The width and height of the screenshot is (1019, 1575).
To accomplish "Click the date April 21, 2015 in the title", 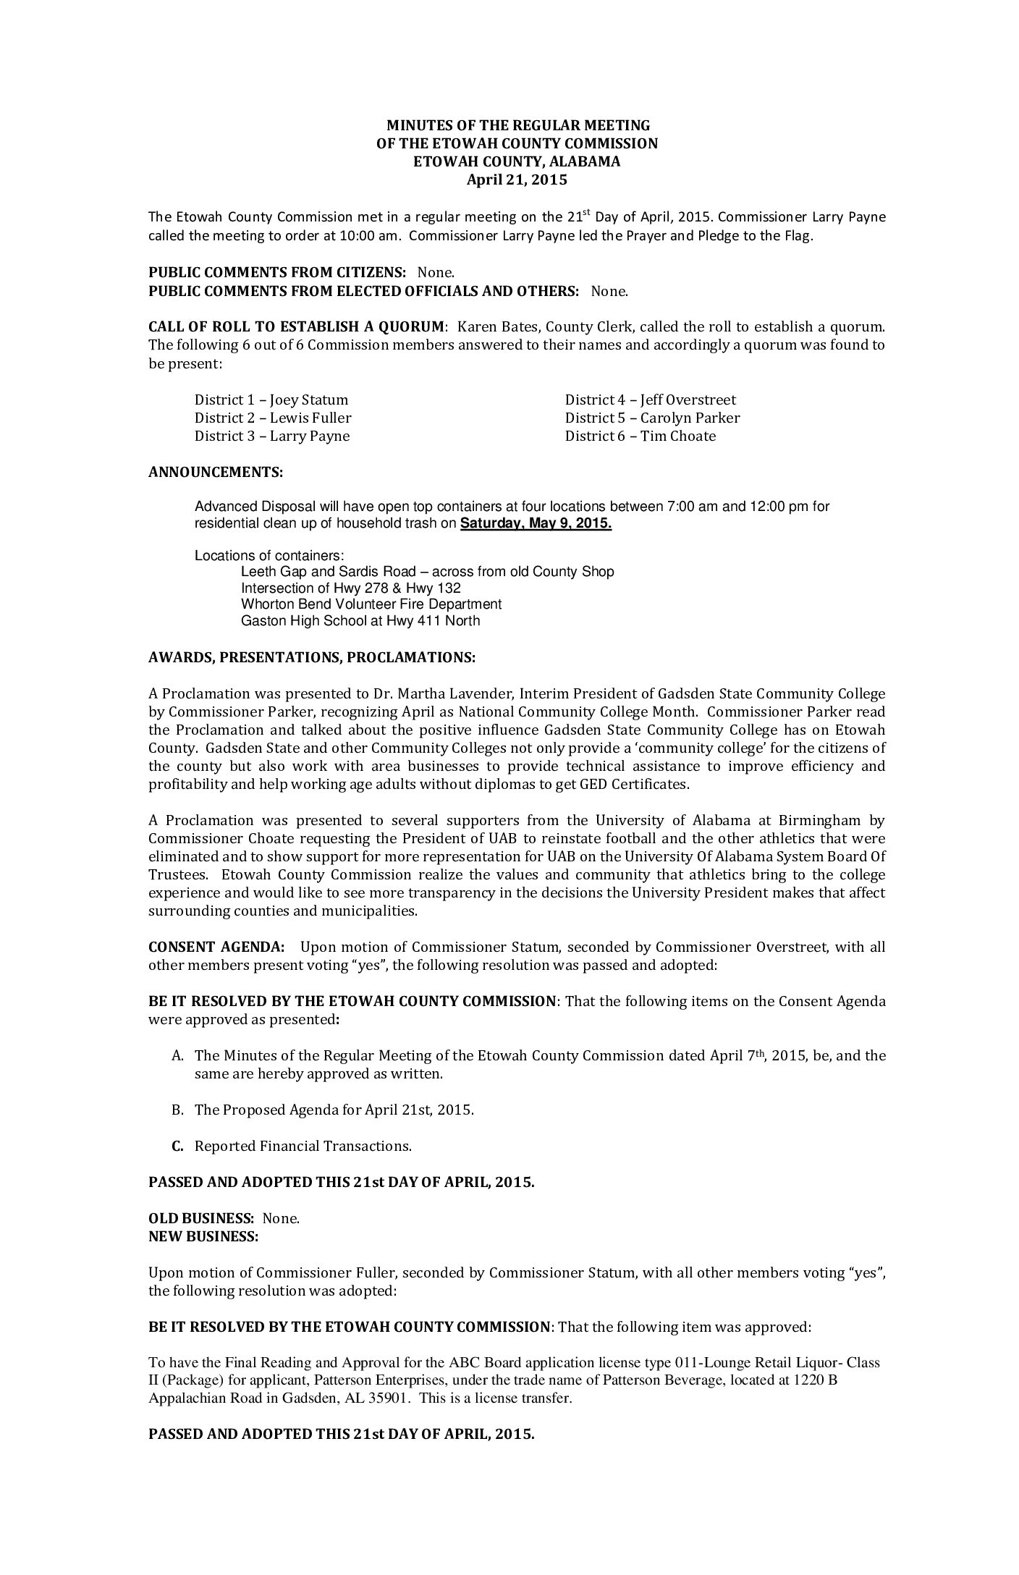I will click(x=516, y=180).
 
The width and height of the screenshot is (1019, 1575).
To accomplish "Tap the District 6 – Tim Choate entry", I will click(x=640, y=436).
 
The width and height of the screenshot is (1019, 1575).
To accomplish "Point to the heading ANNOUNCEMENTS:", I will click(x=216, y=473).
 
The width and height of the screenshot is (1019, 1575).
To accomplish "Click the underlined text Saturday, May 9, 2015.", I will click(x=536, y=524).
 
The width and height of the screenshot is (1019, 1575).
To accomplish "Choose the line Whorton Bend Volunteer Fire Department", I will click(x=371, y=604).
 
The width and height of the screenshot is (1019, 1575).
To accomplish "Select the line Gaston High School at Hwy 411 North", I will click(x=360, y=621).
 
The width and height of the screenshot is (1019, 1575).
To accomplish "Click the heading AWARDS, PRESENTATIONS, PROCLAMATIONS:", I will click(x=312, y=658).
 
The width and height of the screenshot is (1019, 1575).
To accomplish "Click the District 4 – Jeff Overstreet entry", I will click(x=650, y=400).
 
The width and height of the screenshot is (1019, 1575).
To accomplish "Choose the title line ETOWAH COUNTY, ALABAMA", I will click(x=516, y=162).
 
